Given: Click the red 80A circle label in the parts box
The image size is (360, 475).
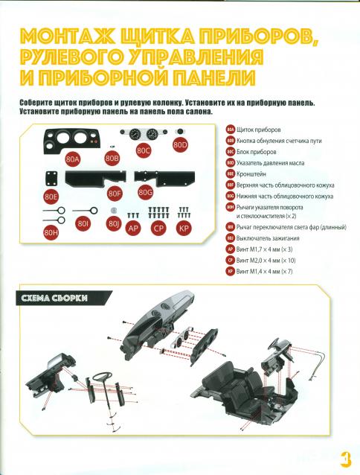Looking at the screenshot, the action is tap(73, 159).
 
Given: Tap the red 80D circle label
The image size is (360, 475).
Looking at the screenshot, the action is tap(180, 145).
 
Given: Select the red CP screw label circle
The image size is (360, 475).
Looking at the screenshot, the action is tap(158, 228).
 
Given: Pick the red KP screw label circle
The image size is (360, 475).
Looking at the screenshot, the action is tap(184, 228).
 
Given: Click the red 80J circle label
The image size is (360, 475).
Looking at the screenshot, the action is tap(114, 224).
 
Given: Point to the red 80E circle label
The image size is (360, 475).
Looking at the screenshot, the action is tap(51, 197).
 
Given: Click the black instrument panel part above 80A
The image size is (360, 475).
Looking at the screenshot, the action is tap(73, 140).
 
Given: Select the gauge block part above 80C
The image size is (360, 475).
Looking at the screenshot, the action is tap(144, 134).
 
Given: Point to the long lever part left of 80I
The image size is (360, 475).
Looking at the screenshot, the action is tap(86, 211).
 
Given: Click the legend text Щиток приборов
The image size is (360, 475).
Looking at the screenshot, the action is tap(259, 130).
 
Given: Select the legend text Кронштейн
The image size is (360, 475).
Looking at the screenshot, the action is tap(251, 174).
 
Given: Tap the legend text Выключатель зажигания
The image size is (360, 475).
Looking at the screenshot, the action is tap(268, 238).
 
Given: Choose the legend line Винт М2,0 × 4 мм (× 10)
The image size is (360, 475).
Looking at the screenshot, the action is tap(266, 261).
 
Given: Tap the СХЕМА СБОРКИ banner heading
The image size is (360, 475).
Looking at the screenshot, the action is tap(54, 298).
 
